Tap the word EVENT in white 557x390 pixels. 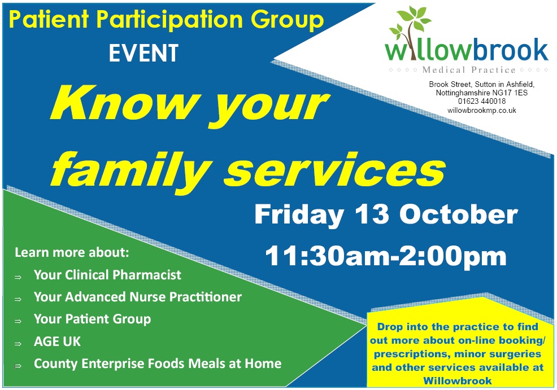point(143,53)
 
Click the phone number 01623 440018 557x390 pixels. point(482,102)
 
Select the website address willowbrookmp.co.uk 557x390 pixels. point(482,111)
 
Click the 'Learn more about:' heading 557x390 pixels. point(72,252)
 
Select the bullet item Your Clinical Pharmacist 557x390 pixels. point(107,275)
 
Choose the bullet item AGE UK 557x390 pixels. point(57,341)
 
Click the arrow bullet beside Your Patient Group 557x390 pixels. point(18,321)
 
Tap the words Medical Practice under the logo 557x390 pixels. point(469,70)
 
